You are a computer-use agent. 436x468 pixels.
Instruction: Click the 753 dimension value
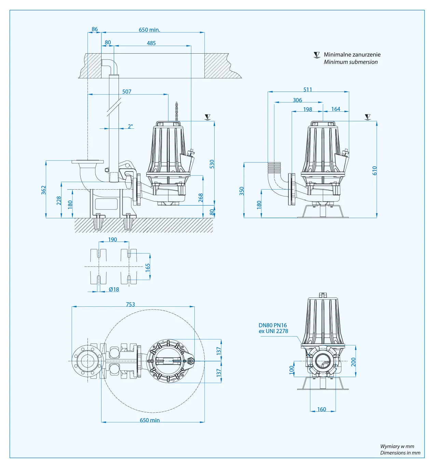tap(130, 304)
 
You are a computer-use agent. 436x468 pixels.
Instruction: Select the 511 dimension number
tap(308, 90)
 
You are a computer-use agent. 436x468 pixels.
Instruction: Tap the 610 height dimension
tap(374, 170)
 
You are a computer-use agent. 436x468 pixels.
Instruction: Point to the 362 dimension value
tap(44, 190)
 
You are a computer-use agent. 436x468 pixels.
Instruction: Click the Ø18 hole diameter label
tap(114, 289)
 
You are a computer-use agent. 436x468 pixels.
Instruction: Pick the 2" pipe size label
tap(131, 126)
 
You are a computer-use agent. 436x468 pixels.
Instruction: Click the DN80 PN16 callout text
tap(273, 325)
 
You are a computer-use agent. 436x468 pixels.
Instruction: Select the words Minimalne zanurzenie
tap(352, 55)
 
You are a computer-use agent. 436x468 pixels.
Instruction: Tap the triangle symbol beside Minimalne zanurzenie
tap(317, 55)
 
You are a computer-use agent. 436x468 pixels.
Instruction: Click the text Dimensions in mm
tap(400, 453)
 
